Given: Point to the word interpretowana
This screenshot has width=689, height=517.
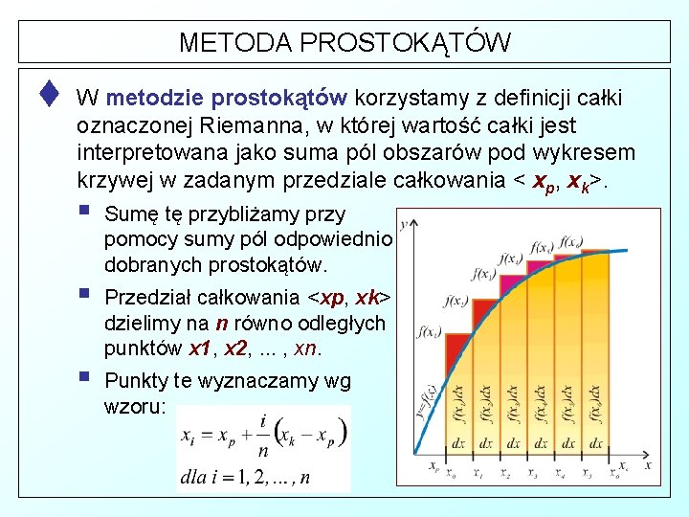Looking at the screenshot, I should (x=143, y=154).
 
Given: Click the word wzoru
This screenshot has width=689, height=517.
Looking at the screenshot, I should (x=133, y=407).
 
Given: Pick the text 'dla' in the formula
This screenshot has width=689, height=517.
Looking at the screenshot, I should (x=194, y=477).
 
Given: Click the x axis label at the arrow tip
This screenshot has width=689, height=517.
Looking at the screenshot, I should (x=648, y=464).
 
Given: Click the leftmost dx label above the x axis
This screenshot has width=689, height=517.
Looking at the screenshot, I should (x=458, y=443).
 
